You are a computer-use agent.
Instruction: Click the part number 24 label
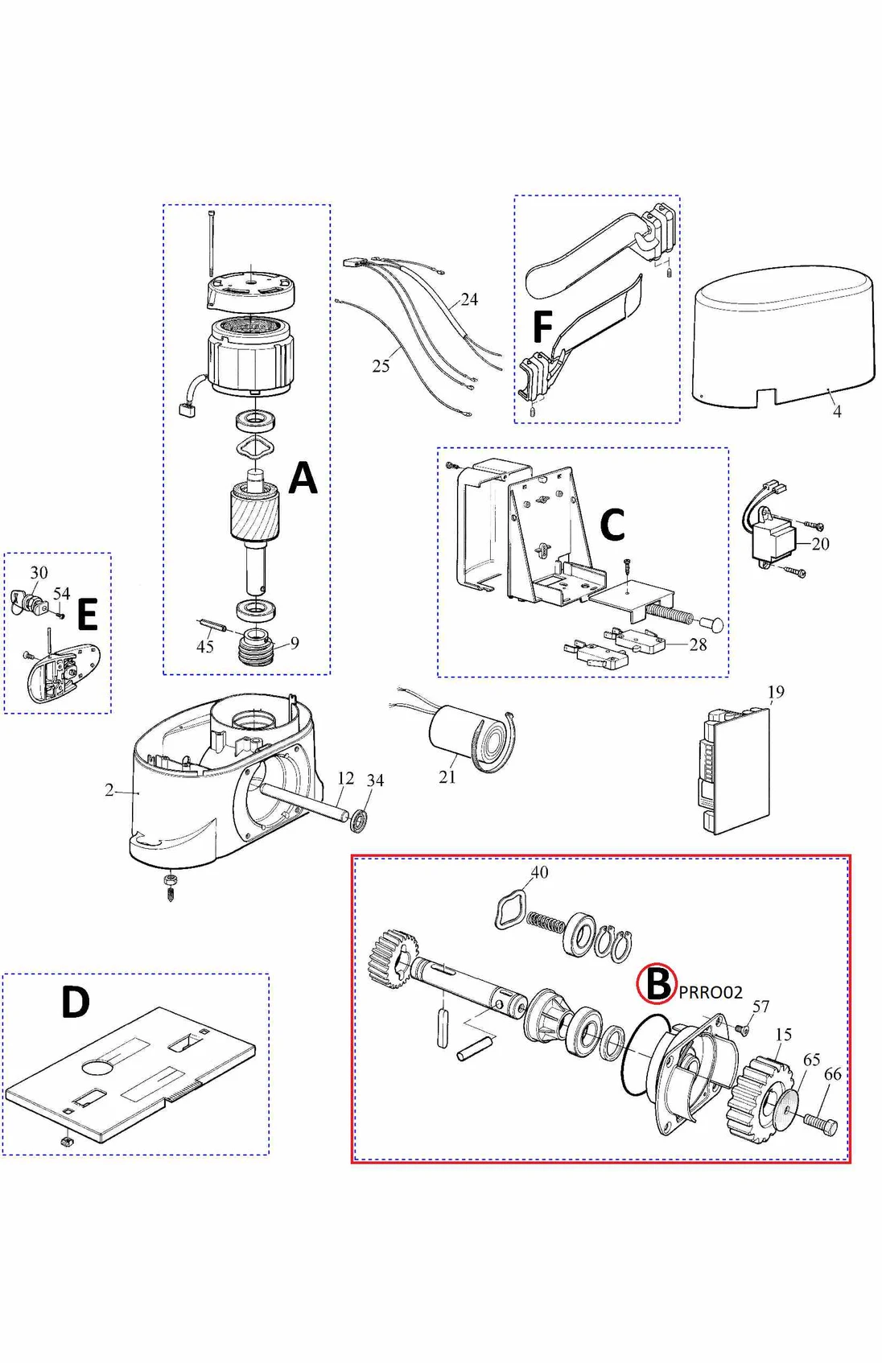[469, 299]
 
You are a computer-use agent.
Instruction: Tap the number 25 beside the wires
[381, 366]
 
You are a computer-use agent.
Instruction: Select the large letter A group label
[303, 478]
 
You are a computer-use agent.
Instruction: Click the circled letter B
[657, 983]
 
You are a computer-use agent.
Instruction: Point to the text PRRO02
[711, 992]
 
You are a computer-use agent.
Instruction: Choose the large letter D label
[75, 1003]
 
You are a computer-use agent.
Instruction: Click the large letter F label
[542, 327]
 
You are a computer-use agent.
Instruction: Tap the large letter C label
[612, 525]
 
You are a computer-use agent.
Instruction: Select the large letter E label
[87, 616]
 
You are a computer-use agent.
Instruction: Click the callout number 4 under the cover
[837, 411]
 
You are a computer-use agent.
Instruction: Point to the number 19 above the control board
[775, 692]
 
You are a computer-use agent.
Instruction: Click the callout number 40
[539, 872]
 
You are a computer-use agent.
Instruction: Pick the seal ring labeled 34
[360, 821]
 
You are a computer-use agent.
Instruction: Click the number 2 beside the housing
[109, 790]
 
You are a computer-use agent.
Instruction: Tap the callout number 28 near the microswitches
[698, 644]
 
